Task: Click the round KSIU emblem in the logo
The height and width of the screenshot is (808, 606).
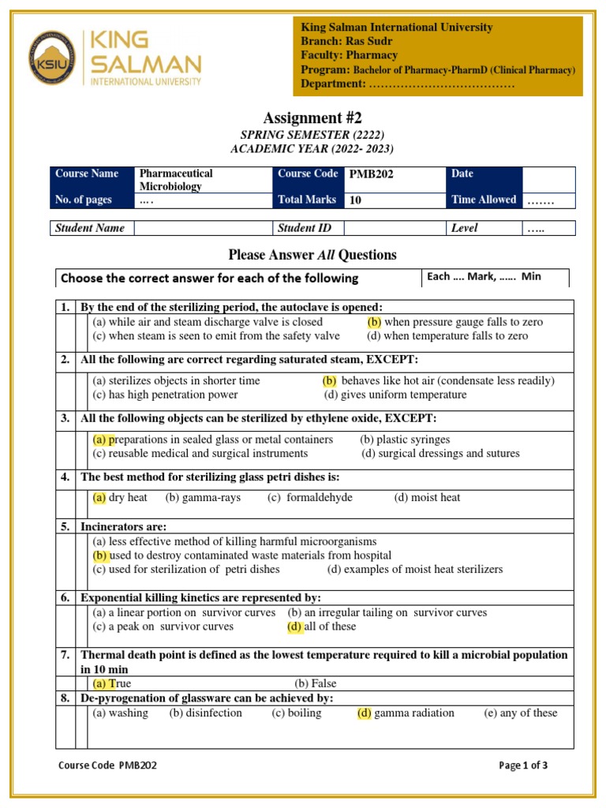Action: [x=52, y=57]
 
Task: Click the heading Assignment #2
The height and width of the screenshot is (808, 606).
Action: [x=312, y=118]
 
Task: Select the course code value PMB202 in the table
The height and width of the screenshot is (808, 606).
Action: [x=371, y=174]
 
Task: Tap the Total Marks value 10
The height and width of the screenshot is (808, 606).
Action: [x=356, y=200]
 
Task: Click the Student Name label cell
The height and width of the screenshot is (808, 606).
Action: [x=89, y=228]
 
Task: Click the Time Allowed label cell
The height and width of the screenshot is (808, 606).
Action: [x=484, y=200]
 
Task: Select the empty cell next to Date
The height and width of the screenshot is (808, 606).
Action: [x=548, y=178]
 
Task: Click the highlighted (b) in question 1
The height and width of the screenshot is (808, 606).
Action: [x=374, y=322]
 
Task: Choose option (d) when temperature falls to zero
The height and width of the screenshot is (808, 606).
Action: [x=447, y=335]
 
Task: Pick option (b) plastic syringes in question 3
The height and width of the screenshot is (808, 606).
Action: [x=405, y=440]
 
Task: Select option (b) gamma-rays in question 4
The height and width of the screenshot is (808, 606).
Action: [x=203, y=498]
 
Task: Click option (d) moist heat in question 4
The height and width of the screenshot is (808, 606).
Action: [x=427, y=498]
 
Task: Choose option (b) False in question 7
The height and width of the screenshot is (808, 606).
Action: [x=315, y=684]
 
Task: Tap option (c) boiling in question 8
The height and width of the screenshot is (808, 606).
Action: [x=297, y=713]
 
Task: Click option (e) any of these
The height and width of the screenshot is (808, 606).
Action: [x=520, y=713]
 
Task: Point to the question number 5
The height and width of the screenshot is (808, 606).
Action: [x=65, y=526]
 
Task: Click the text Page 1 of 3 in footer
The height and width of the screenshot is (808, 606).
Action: [x=523, y=765]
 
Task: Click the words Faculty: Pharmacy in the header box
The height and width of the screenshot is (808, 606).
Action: [x=349, y=55]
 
